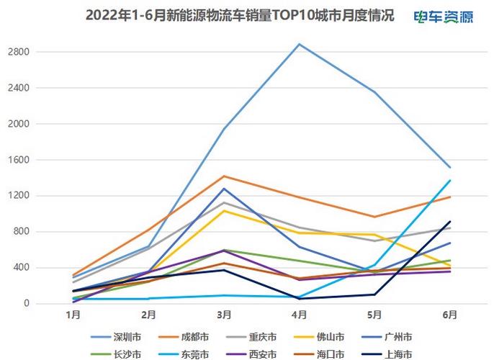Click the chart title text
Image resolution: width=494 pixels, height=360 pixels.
pos(240,16)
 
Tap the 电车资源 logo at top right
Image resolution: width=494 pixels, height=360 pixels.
pos(444,17)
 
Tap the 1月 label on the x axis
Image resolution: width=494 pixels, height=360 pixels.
pos(73,315)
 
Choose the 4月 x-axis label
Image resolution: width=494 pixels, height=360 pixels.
pos(300,315)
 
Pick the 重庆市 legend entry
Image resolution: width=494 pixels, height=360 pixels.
pos(264,336)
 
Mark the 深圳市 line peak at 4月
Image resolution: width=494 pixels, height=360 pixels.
pos(300,44)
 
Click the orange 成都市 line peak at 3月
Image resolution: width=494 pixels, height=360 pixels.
pos(224,176)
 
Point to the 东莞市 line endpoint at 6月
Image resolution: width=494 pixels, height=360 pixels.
pos(450,180)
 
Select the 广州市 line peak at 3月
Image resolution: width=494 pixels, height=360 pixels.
pos(224,189)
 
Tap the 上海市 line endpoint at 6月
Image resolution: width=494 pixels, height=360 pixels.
pos(450,222)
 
